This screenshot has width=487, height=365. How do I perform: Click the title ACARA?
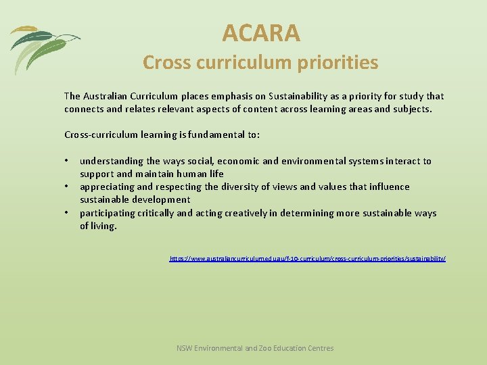260,32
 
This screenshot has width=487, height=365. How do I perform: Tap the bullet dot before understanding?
67,161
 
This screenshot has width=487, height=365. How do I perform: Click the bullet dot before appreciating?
67,187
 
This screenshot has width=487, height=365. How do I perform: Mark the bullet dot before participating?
67,213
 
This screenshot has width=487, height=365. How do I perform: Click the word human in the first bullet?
190,174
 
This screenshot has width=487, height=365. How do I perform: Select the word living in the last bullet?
104,226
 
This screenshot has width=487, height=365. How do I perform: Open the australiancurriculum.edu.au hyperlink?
308,259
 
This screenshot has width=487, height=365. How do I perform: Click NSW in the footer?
184,348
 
